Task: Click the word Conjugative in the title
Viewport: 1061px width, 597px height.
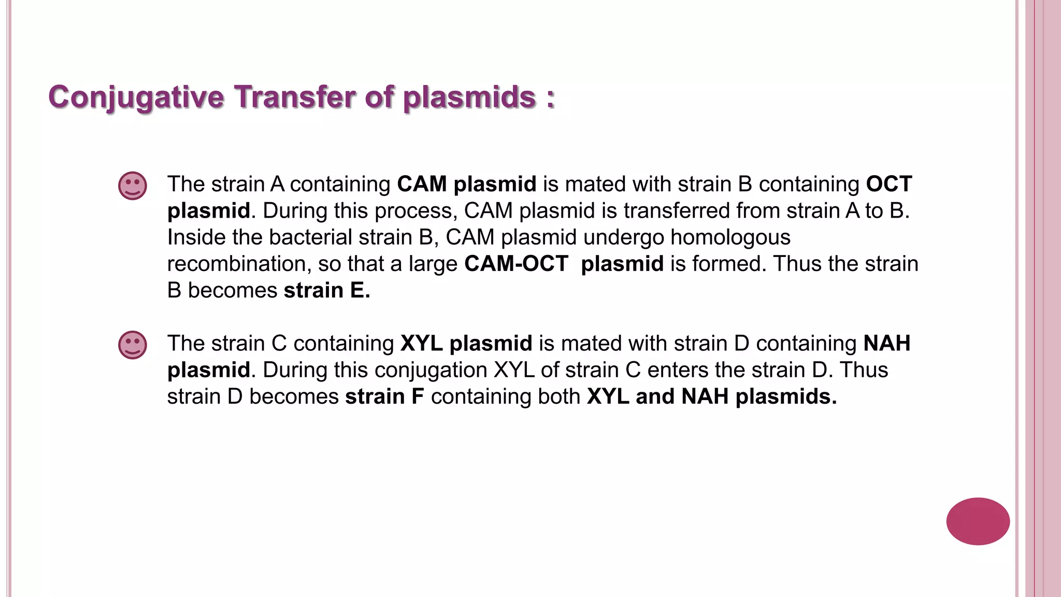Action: [136, 97]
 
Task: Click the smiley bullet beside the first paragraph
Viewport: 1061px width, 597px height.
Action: [133, 186]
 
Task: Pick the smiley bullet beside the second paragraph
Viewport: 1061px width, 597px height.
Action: [133, 345]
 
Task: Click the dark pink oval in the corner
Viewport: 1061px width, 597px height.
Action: [978, 521]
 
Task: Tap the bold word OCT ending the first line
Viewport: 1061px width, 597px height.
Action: [889, 184]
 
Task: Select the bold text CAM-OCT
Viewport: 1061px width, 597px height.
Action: [516, 264]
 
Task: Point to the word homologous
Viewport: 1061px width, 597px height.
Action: [730, 237]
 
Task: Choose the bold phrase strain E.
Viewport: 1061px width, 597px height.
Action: [327, 290]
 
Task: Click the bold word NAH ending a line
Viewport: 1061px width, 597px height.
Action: [887, 344]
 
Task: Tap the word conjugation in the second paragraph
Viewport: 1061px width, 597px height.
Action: [431, 370]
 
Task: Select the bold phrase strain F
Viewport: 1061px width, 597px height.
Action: [384, 396]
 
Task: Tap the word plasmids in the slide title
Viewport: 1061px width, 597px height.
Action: [469, 97]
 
